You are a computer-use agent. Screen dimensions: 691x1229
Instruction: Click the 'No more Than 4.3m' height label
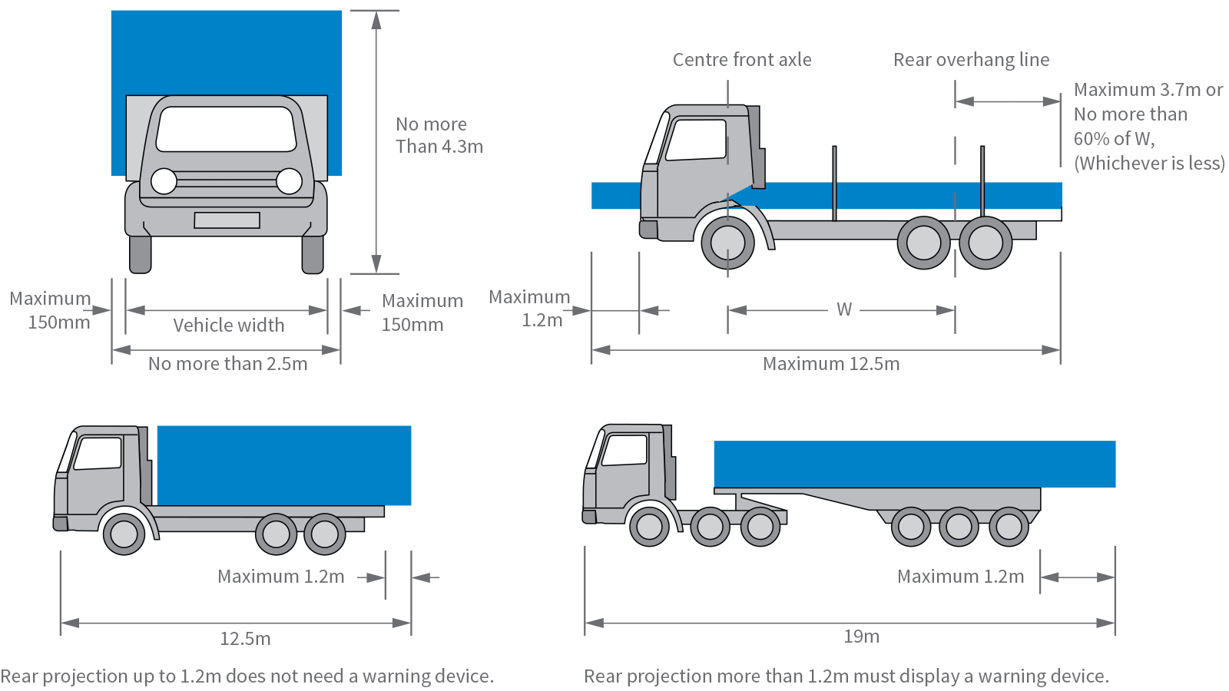pyautogui.click(x=439, y=135)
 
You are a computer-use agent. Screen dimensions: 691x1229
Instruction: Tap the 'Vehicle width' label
pyautogui.click(x=228, y=326)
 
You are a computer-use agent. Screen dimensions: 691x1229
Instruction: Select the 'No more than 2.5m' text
pyautogui.click(x=227, y=364)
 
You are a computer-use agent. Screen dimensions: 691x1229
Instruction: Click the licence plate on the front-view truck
pyautogui.click(x=227, y=220)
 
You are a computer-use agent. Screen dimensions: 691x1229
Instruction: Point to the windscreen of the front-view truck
pyautogui.click(x=227, y=129)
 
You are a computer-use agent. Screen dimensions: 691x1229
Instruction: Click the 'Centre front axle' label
pyautogui.click(x=742, y=60)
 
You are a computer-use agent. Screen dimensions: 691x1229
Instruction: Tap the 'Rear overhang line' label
pyautogui.click(x=971, y=60)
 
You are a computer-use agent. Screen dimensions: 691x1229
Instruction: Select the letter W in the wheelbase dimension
pyautogui.click(x=844, y=309)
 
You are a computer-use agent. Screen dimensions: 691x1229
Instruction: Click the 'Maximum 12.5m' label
pyautogui.click(x=831, y=364)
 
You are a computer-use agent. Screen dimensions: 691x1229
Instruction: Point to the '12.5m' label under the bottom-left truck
pyautogui.click(x=245, y=639)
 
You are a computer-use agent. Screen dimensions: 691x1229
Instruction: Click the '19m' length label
pyautogui.click(x=861, y=636)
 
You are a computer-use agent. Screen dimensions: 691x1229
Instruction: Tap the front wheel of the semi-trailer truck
pyautogui.click(x=649, y=527)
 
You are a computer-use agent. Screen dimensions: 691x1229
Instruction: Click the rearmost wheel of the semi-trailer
pyautogui.click(x=1009, y=527)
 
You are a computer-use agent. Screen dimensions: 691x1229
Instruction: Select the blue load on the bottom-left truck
pyautogui.click(x=284, y=465)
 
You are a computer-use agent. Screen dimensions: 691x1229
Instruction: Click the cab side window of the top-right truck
pyautogui.click(x=697, y=139)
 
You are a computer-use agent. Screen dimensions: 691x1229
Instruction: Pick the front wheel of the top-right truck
pyautogui.click(x=727, y=243)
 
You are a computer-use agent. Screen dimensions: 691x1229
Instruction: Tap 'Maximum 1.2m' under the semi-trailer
pyautogui.click(x=960, y=577)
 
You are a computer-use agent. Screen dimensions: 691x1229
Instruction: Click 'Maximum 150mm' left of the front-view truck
pyautogui.click(x=51, y=310)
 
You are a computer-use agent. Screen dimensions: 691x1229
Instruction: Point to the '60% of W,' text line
pyautogui.click(x=1114, y=139)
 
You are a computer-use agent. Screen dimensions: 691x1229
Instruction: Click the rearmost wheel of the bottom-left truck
pyautogui.click(x=324, y=534)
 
